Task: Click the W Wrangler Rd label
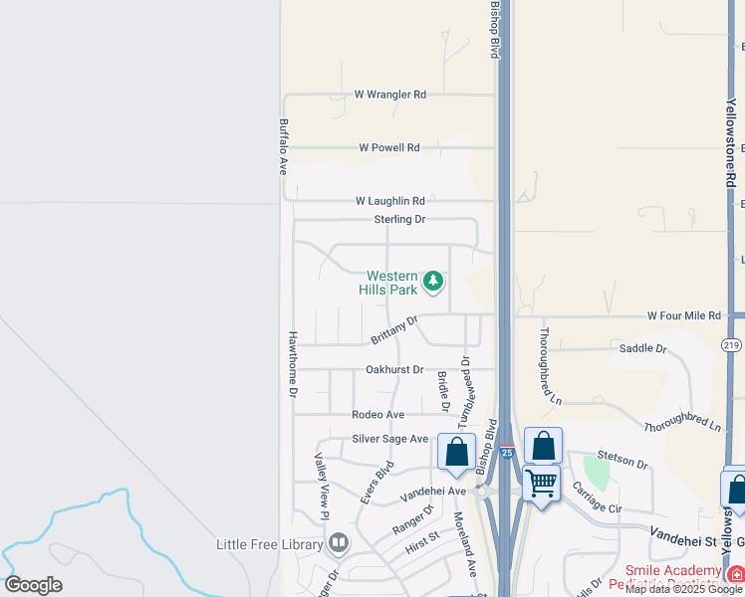[390, 95]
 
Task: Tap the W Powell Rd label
[389, 147]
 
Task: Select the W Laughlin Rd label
[390, 200]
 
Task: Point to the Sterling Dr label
[399, 219]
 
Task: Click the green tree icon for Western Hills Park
[432, 282]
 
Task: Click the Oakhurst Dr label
[394, 369]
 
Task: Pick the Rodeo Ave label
[378, 414]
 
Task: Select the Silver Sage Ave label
[390, 439]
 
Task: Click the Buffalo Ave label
[284, 148]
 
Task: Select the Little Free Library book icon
[339, 543]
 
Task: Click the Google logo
[33, 585]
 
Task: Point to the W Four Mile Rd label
[683, 315]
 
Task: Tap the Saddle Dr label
[642, 348]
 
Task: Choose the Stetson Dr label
[628, 464]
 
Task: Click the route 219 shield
[732, 344]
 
